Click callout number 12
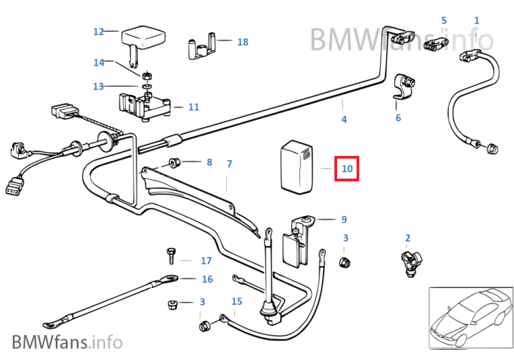pos(99,32)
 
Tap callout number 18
pos(242,42)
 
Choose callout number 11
pos(193,107)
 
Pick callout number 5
pos(444,20)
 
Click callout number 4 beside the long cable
pos(344,119)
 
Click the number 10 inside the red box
pos(347,169)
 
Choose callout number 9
pos(344,219)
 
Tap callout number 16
pos(207,278)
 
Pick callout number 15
pos(236,301)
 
